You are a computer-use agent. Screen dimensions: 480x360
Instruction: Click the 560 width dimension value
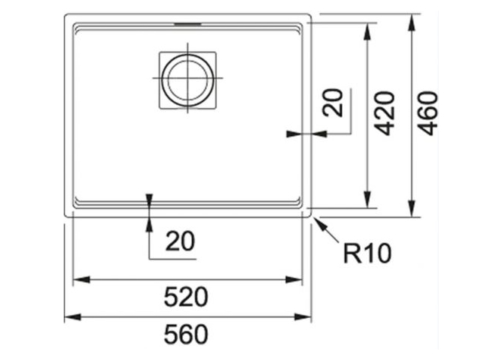point(186,334)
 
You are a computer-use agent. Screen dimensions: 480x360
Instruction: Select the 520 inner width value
point(186,297)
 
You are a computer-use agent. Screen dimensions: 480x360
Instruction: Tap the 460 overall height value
point(428,113)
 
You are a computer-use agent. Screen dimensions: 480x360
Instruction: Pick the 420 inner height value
point(385,113)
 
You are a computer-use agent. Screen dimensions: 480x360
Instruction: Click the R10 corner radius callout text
point(367,253)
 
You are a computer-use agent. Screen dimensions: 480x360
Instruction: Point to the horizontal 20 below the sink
point(180,241)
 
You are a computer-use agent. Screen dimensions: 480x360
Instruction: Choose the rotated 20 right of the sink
point(333,103)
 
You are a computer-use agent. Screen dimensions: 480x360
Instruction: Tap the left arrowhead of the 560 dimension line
point(73,316)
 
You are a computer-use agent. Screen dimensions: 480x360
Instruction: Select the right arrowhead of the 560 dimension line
point(303,316)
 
